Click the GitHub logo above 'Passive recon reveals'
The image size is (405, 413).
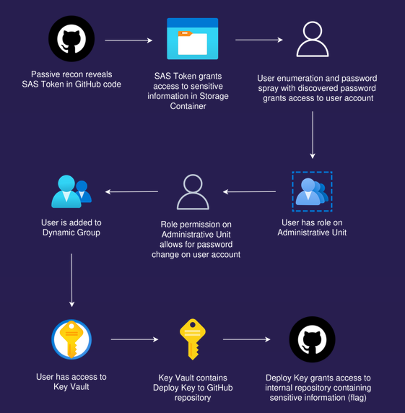point(71,39)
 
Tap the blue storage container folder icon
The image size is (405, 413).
point(193,39)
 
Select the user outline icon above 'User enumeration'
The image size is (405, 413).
point(313,39)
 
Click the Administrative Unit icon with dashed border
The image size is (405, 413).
point(312,191)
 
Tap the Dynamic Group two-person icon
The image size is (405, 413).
point(71,191)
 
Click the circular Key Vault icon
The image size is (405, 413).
point(71,339)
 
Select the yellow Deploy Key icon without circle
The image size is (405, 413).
point(193,339)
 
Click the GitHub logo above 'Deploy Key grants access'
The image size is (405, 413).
point(312,339)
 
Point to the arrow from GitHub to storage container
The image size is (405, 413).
point(129,40)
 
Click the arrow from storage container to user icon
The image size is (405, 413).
point(259,40)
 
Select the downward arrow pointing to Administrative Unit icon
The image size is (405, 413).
point(313,135)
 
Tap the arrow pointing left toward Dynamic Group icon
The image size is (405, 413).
point(131,191)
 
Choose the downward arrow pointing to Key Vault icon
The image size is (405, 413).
point(71,280)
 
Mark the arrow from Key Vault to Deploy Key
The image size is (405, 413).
point(134,339)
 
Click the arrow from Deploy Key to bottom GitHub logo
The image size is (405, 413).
point(247,339)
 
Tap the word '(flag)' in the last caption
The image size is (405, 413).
point(357,398)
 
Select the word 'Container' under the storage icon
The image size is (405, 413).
point(188,106)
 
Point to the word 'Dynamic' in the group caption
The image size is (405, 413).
point(58,232)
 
